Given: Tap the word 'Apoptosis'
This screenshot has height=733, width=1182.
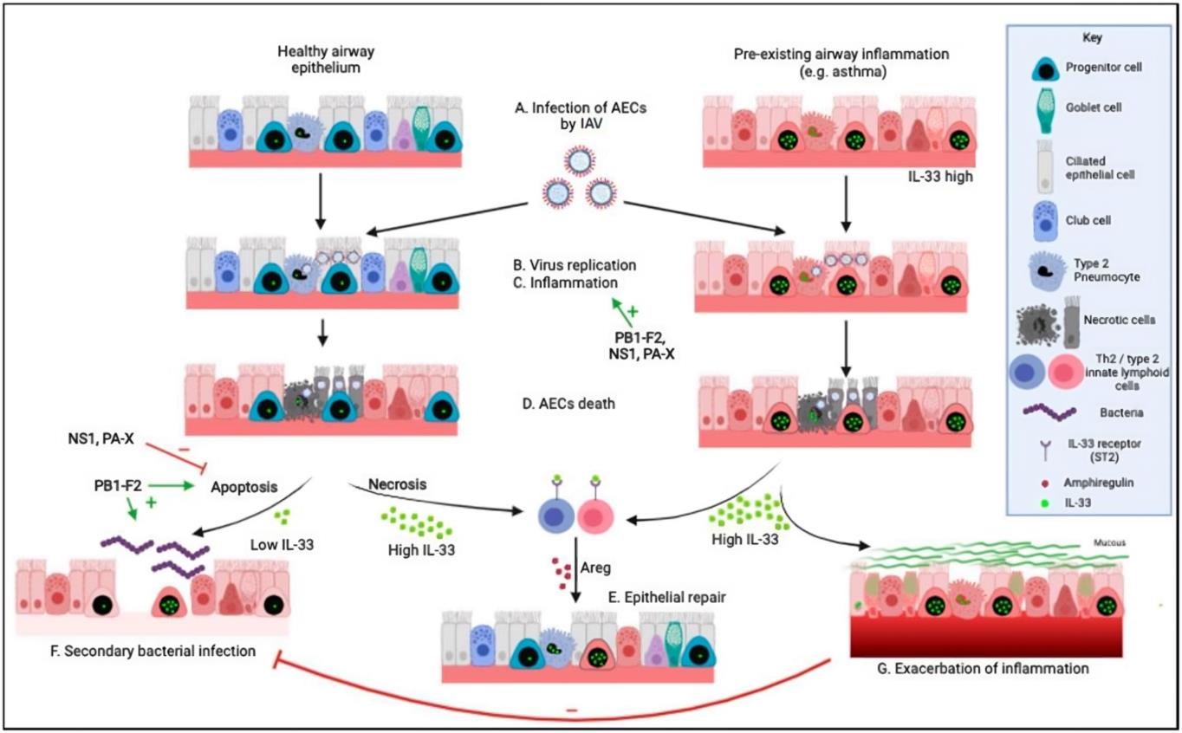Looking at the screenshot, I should tap(244, 489).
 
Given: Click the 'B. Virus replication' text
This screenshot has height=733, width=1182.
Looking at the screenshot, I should tap(576, 263).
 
